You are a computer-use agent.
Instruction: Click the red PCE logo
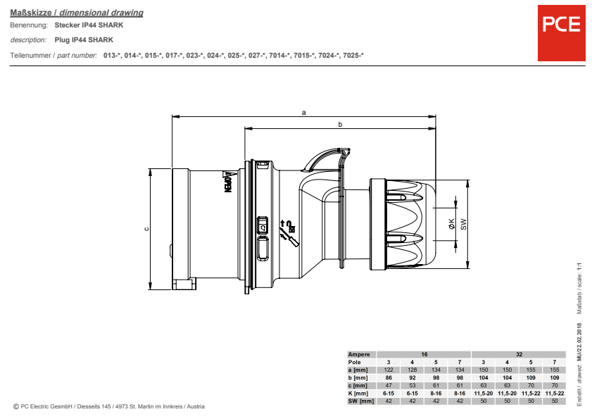point(562,33)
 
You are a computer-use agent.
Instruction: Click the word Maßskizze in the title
point(30,13)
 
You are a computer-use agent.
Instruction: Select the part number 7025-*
point(353,55)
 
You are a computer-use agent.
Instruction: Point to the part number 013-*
point(112,55)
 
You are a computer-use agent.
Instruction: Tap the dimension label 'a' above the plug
point(303,112)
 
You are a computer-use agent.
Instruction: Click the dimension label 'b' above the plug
point(340,124)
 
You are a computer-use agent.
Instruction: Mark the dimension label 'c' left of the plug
point(146,229)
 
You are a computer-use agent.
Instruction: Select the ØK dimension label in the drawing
point(451,224)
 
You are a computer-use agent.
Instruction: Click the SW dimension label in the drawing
point(464,224)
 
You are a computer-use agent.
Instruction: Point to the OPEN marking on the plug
point(228,182)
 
